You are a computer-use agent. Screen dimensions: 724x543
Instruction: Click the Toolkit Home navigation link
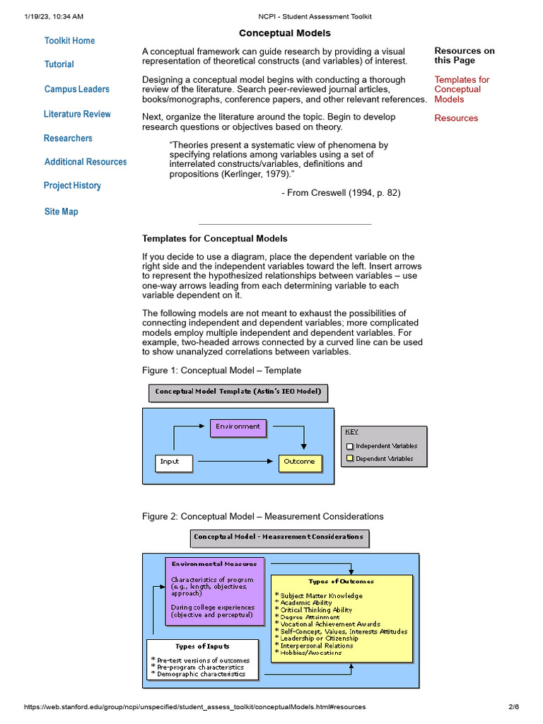(x=69, y=41)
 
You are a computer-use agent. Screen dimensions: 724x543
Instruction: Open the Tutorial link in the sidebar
(x=59, y=64)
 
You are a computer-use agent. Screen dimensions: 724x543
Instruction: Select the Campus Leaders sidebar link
(x=76, y=89)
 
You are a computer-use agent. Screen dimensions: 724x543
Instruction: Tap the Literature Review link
(x=77, y=114)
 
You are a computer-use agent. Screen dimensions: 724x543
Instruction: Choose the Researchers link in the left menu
(x=68, y=139)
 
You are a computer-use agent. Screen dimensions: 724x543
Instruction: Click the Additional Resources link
(x=86, y=162)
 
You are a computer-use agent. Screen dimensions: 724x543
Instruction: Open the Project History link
(x=72, y=185)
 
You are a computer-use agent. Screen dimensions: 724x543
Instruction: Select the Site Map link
(x=61, y=211)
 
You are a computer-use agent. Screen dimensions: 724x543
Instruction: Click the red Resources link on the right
(x=456, y=118)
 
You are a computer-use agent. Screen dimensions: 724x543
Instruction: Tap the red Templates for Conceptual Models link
(x=462, y=90)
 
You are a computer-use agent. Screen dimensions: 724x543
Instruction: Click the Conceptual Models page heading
(x=284, y=33)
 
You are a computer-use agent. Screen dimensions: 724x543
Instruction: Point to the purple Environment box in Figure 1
(x=238, y=427)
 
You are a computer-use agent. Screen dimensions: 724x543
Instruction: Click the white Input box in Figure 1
(x=173, y=462)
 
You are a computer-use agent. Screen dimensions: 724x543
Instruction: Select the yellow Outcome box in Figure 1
(x=300, y=462)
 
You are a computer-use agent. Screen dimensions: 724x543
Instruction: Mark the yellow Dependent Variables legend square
(x=349, y=459)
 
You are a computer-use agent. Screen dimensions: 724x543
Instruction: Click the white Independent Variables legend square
(x=349, y=446)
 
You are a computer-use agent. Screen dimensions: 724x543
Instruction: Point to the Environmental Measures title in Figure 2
(x=215, y=564)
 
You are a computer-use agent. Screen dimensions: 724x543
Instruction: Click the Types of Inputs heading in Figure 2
(x=202, y=646)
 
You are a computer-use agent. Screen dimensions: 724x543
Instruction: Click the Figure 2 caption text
(x=263, y=517)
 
